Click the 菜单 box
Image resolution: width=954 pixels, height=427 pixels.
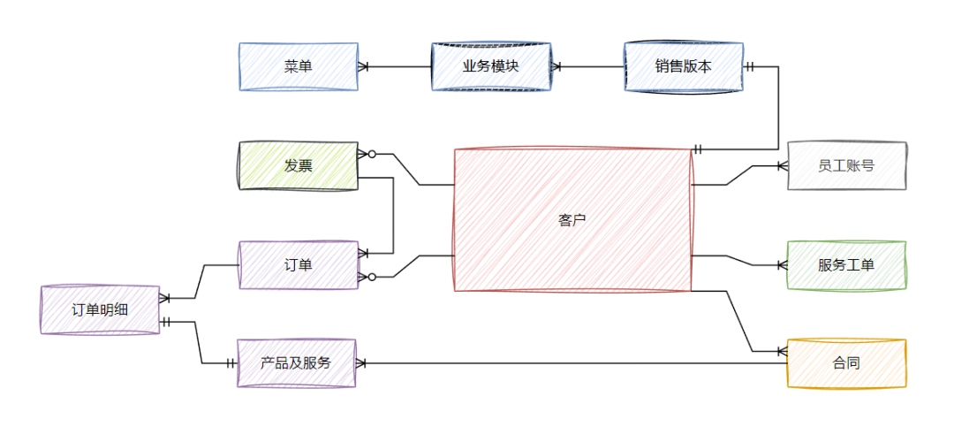click(x=298, y=66)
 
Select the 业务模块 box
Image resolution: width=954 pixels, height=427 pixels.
click(x=491, y=66)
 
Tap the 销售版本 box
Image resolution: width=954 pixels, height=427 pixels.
click(x=683, y=66)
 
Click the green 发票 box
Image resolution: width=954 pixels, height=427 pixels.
click(x=298, y=165)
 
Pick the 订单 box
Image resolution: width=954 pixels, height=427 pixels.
click(x=298, y=265)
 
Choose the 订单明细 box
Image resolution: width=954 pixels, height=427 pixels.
click(x=100, y=309)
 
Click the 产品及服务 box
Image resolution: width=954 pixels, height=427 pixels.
click(x=296, y=362)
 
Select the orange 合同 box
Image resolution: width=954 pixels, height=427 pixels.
click(x=846, y=362)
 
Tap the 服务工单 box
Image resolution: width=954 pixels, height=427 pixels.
click(x=846, y=264)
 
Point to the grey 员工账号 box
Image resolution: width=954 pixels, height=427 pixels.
click(x=846, y=165)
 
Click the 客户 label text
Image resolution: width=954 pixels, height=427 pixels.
click(x=572, y=220)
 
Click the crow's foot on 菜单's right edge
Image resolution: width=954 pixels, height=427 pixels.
click(x=363, y=66)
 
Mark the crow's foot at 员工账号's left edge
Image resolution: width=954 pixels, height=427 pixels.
click(x=782, y=165)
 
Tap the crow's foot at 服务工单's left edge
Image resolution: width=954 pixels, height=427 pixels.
click(x=782, y=264)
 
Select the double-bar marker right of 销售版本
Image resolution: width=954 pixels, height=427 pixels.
click(x=750, y=66)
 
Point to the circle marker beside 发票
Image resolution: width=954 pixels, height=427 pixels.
click(x=372, y=155)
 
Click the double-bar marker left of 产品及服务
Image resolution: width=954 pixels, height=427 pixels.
click(x=231, y=362)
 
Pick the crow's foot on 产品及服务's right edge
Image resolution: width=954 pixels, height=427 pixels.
click(x=361, y=362)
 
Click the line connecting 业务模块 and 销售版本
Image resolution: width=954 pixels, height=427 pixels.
click(x=592, y=66)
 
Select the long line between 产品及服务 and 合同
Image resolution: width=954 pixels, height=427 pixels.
click(x=574, y=362)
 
